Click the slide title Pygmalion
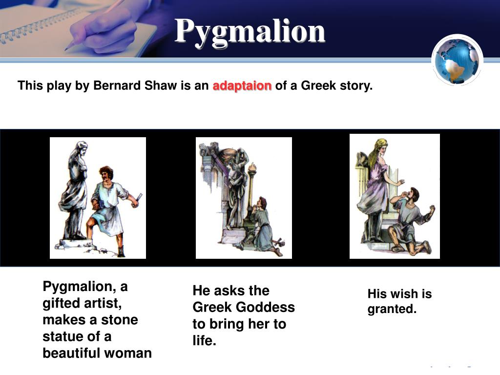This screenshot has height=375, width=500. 250,31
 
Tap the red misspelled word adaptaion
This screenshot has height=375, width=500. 242,86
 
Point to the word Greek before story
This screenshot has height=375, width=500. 318,86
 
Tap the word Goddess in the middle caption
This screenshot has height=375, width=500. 266,308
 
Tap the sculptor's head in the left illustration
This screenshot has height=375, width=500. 106,173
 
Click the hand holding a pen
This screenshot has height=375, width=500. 103,29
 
